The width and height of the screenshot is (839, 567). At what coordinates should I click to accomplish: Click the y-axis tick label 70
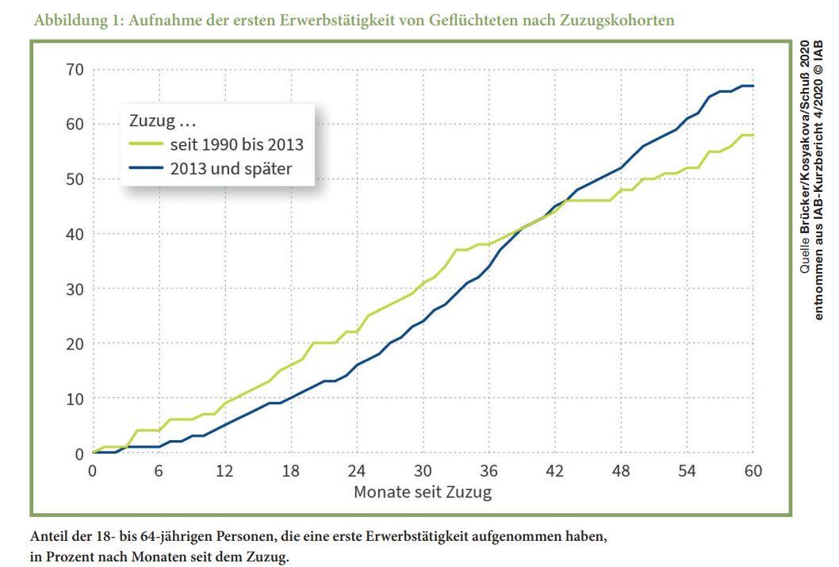tap(75, 69)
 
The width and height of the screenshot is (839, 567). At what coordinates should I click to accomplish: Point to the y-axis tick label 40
tap(75, 234)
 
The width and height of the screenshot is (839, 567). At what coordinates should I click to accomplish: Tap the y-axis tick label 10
tap(75, 399)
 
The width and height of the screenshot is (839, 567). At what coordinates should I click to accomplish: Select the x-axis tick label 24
tap(358, 471)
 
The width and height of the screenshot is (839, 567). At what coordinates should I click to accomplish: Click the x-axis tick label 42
tap(555, 471)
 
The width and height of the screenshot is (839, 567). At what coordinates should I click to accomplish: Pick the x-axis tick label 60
tap(753, 471)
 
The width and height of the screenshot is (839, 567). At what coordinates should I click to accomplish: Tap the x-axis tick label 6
tap(159, 471)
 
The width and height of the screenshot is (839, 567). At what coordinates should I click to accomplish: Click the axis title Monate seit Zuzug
tap(423, 492)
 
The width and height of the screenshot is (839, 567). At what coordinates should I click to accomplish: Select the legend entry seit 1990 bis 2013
tap(236, 145)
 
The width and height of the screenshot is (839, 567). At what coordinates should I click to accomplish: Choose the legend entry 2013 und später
tap(229, 168)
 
